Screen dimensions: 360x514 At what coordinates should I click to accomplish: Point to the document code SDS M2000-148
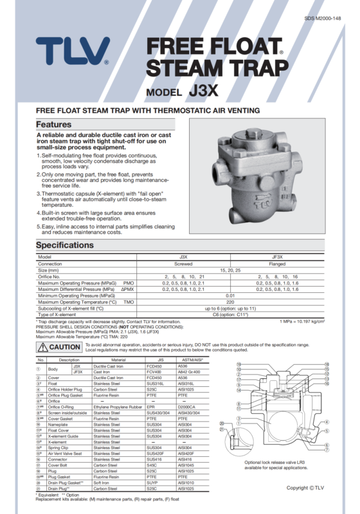coord(326,19)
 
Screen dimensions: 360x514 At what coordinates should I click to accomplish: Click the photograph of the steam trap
coord(257,171)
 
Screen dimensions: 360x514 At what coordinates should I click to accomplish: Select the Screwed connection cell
coord(183,263)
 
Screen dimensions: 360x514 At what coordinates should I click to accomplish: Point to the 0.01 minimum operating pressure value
coord(230,295)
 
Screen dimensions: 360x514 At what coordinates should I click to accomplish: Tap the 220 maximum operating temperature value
coord(230,301)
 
